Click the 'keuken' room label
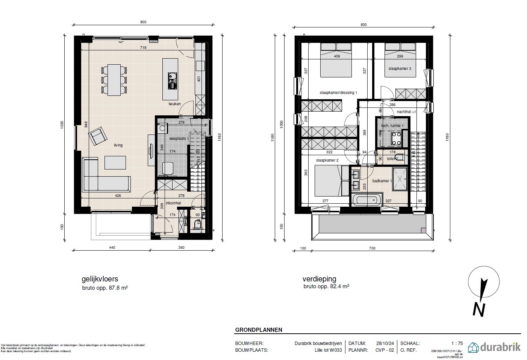(x=174, y=104)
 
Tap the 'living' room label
(x=118, y=145)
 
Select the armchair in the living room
(x=98, y=136)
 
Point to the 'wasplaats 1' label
(x=179, y=139)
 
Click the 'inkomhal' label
(x=173, y=203)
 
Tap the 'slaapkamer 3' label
(x=399, y=69)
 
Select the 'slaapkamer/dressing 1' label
(x=338, y=92)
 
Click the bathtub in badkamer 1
(x=367, y=200)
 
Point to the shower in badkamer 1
(x=400, y=180)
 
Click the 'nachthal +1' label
(x=406, y=112)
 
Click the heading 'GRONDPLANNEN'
(x=259, y=330)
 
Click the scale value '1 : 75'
(x=457, y=343)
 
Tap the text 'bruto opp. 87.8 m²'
(x=105, y=287)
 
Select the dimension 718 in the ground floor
(x=143, y=48)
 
